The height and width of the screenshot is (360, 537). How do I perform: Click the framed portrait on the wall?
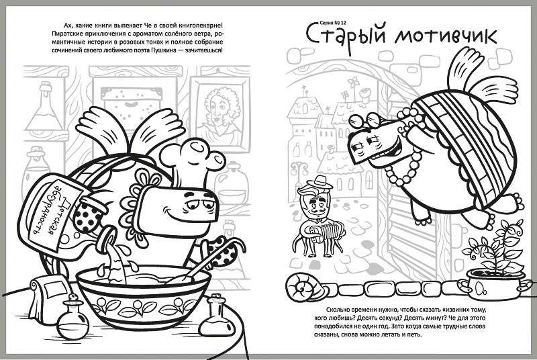point(220,113)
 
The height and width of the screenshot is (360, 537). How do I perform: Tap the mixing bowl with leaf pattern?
point(143,298)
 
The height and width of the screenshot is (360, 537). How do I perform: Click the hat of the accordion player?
point(320,182)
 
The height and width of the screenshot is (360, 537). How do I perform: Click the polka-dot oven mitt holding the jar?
point(89,215)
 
